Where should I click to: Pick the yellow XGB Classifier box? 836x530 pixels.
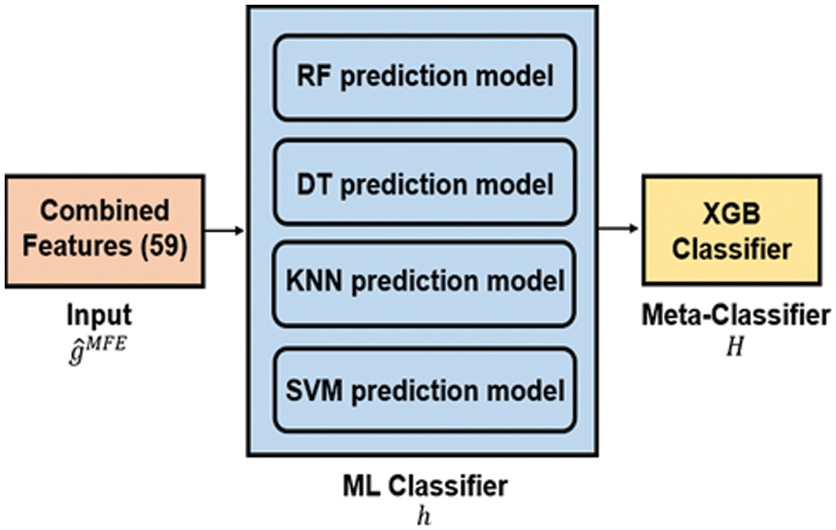click(732, 228)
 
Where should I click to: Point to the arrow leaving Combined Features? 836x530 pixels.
click(225, 228)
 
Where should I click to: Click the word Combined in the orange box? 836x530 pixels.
click(104, 211)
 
